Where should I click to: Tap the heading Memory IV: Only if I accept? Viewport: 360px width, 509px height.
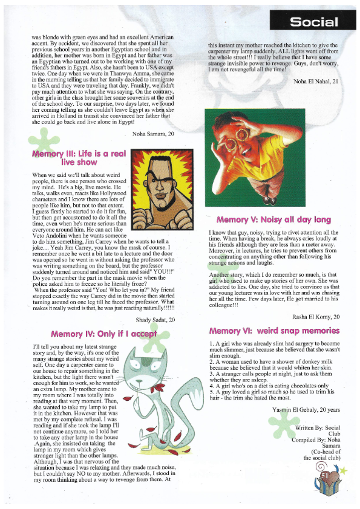(103, 333)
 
